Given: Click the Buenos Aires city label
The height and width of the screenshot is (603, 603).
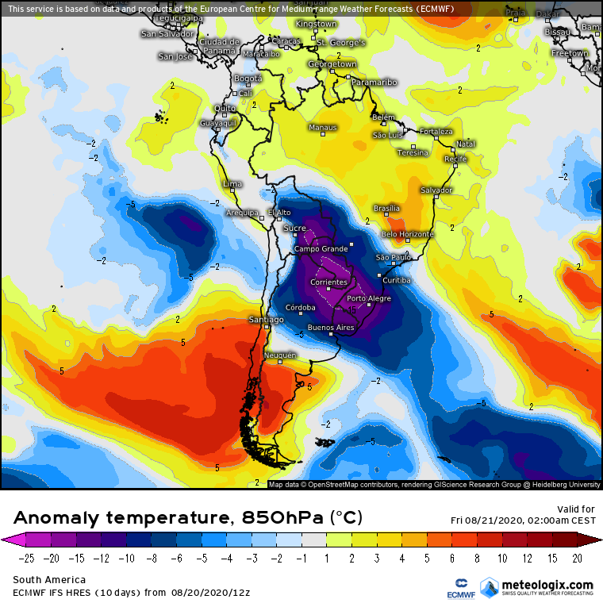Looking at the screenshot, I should point(330,328).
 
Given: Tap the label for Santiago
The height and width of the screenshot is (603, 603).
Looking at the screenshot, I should point(266,320).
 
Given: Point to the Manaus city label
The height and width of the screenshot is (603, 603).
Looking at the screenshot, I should point(323,128).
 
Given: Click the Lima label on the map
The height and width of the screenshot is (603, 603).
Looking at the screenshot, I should point(232,184).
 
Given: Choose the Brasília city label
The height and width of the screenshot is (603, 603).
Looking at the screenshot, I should point(386,208).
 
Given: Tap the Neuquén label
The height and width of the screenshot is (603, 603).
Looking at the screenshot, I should point(280,355).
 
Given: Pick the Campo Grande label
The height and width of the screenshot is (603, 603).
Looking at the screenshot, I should point(322,249).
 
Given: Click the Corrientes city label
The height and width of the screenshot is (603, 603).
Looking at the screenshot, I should point(329,282).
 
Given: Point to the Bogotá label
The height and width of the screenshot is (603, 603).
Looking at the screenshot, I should point(248,79).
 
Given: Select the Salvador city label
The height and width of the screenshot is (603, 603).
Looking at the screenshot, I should point(436,190).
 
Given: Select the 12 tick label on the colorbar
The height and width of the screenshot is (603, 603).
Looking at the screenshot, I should point(526,559).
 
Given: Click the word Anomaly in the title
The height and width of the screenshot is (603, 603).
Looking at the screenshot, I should point(56,518).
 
